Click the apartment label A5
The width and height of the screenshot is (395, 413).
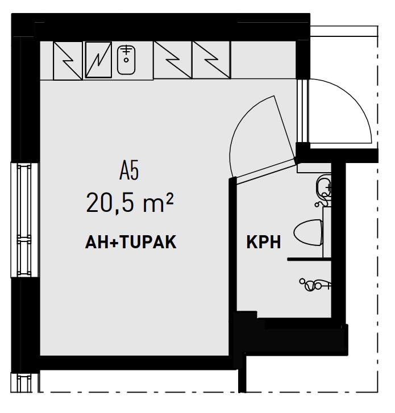[130, 170]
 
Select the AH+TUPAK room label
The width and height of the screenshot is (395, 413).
[130, 243]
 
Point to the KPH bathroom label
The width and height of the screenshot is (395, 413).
[264, 243]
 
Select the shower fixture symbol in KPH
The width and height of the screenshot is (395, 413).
[314, 284]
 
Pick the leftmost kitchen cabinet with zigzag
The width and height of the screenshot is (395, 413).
[67, 60]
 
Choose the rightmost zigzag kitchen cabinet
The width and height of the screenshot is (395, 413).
[211, 60]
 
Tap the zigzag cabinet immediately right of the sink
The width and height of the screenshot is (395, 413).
[172, 60]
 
